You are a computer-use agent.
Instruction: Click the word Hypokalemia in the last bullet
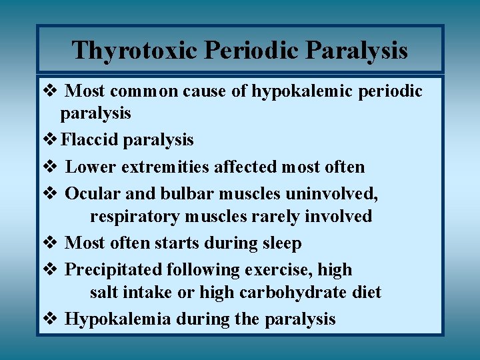point(118,319)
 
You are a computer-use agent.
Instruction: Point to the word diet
point(367,293)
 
